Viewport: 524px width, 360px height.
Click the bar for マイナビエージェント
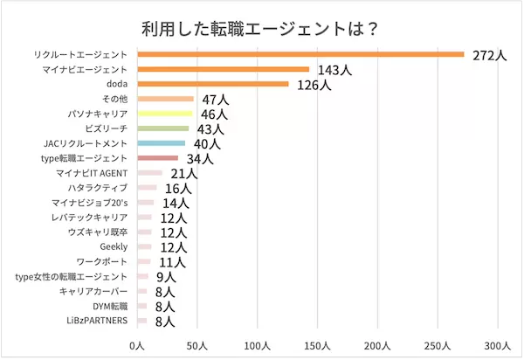click(223, 69)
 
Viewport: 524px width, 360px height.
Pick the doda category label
click(116, 84)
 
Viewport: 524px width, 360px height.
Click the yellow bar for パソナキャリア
click(165, 114)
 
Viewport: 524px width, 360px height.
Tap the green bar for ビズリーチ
click(163, 128)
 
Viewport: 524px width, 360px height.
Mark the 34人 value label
click(200, 159)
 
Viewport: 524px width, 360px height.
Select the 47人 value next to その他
click(215, 100)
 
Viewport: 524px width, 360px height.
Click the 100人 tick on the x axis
click(258, 346)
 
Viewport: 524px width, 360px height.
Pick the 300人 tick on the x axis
click(498, 346)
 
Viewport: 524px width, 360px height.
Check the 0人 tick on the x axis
click(137, 346)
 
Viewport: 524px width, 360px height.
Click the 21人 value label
click(184, 174)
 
